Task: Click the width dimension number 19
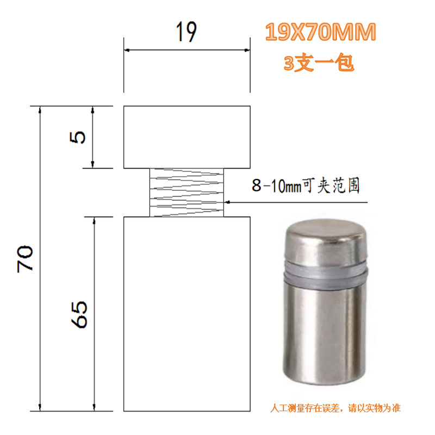click(x=187, y=32)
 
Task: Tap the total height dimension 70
click(x=25, y=259)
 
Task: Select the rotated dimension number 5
click(x=77, y=138)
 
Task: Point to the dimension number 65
click(x=79, y=315)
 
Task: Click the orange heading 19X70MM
click(x=320, y=32)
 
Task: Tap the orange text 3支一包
click(x=319, y=63)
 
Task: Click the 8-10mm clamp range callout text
click(x=306, y=185)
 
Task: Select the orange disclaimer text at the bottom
click(x=335, y=408)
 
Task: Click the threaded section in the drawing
click(x=187, y=192)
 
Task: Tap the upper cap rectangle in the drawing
click(x=187, y=137)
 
